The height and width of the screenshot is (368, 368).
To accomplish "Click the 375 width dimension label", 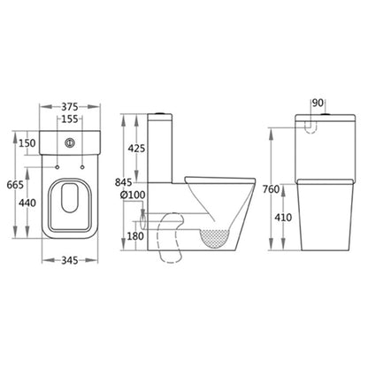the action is tap(70, 106).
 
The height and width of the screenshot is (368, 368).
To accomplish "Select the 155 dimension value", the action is tap(70, 119).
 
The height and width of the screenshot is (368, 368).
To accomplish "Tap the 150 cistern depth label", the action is tap(27, 143).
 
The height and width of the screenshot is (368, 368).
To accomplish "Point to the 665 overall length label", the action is tap(15, 185).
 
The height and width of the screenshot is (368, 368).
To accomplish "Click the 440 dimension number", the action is tap(27, 203).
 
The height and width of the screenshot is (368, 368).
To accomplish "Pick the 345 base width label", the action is tap(70, 260).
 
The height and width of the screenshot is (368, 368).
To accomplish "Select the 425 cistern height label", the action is tap(136, 149).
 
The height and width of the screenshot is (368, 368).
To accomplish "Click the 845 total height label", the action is tap(123, 182).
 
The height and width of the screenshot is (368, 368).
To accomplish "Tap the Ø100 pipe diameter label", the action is tap(133, 195).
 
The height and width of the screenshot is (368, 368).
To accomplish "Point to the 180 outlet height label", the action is tap(135, 236).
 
